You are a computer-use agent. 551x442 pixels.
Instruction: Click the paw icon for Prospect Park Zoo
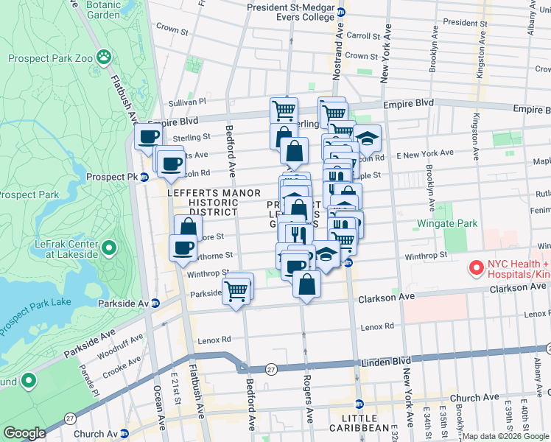tap(106, 56)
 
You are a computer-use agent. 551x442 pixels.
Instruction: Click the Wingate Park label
tap(447, 223)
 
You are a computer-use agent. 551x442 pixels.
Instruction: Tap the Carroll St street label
tap(362, 35)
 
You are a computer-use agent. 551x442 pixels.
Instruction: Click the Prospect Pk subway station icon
tap(144, 177)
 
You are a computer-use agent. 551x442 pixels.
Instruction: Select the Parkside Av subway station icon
tap(155, 303)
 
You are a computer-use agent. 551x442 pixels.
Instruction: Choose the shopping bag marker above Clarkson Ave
tap(306, 283)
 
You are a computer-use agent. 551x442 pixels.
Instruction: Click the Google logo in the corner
tap(24, 433)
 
